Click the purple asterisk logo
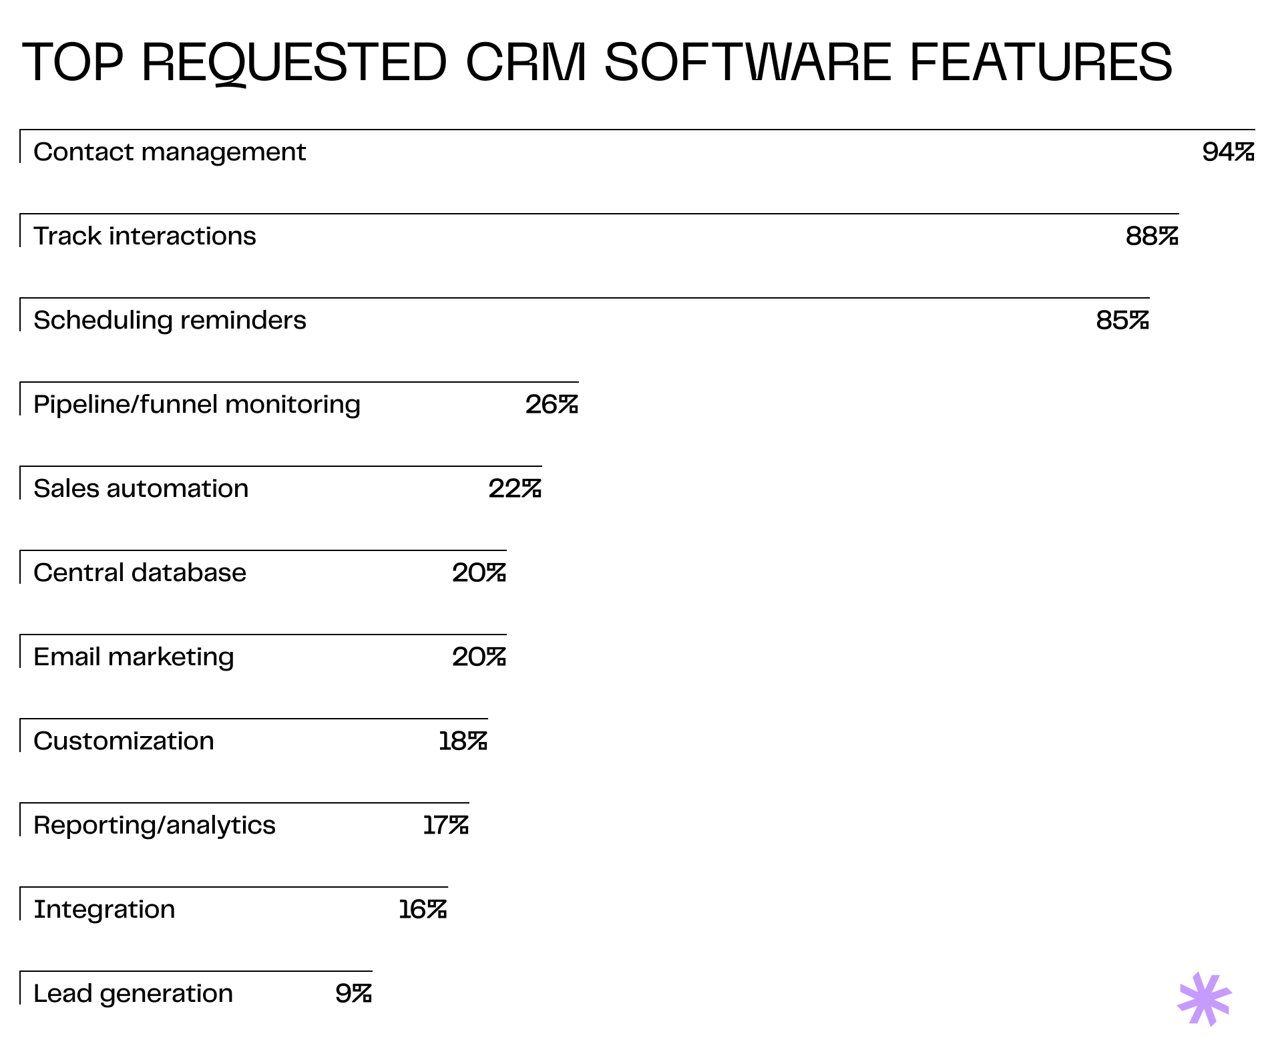tap(1204, 999)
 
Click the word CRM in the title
tap(525, 62)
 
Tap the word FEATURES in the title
tap(1040, 62)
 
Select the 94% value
tap(1228, 152)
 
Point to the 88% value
tap(1152, 236)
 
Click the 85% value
tap(1122, 321)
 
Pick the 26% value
tap(552, 405)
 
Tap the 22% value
tap(515, 489)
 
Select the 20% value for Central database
tap(479, 573)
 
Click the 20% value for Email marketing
tap(479, 657)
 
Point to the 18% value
tap(463, 741)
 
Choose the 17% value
tap(445, 826)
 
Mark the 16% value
tap(423, 910)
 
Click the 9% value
tap(353, 994)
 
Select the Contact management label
tap(170, 152)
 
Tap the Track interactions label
tap(145, 236)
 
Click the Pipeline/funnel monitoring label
tap(197, 405)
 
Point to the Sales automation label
tap(141, 489)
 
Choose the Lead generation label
tap(134, 994)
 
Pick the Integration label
tap(105, 910)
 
